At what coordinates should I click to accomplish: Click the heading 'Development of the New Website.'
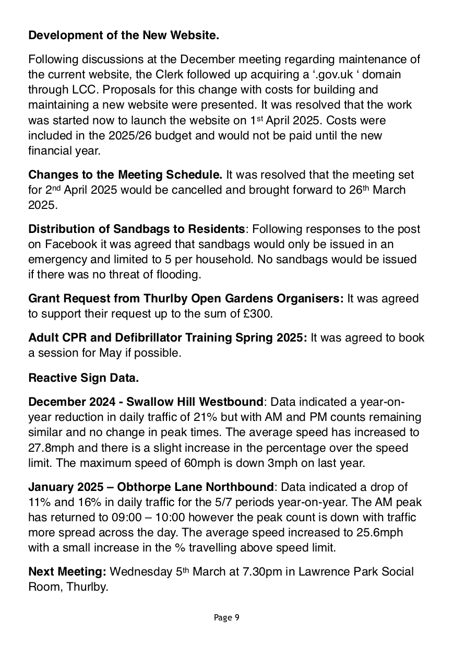click(124, 36)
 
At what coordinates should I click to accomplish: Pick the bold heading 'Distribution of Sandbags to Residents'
click(136, 229)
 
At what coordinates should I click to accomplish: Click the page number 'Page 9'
click(227, 618)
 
